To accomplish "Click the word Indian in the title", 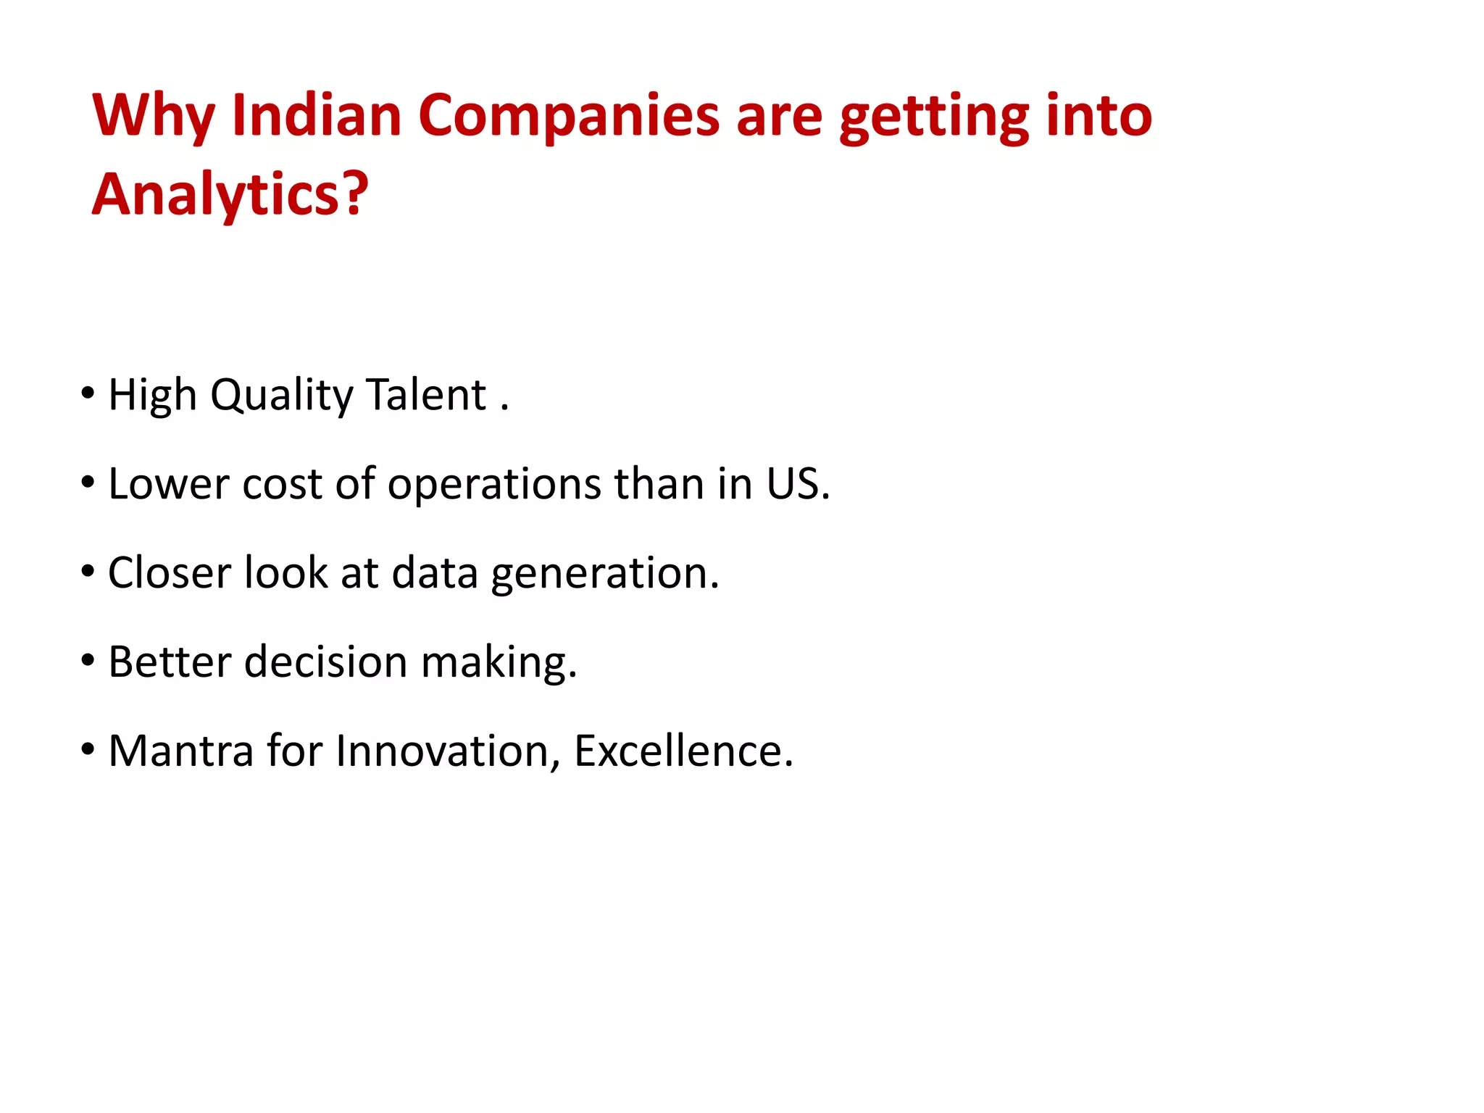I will click(317, 116).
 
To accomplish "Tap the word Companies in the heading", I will click(568, 116).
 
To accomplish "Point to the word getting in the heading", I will click(934, 117).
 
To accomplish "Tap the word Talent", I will click(426, 395).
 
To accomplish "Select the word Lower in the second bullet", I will click(168, 484).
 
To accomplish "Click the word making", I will click(499, 663).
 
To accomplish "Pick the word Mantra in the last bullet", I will click(180, 751).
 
